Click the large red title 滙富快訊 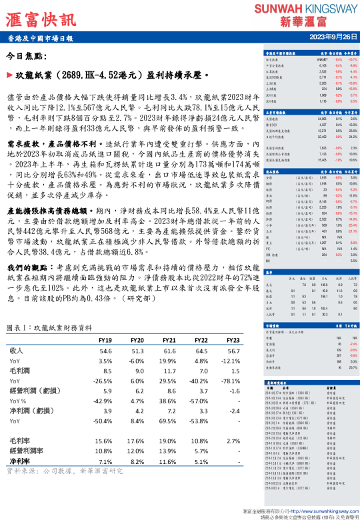40,18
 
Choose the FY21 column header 169,340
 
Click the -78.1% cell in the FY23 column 233,381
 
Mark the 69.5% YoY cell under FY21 169,421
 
